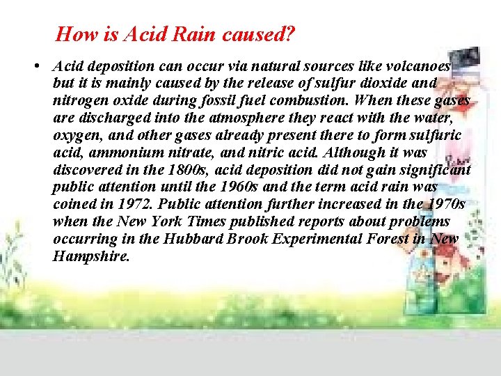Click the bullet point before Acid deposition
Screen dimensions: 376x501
coord(34,67)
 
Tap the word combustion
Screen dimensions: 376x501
coord(317,101)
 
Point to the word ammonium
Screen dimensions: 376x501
coord(117,152)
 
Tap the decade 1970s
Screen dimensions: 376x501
coord(443,205)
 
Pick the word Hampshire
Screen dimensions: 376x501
coord(91,256)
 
